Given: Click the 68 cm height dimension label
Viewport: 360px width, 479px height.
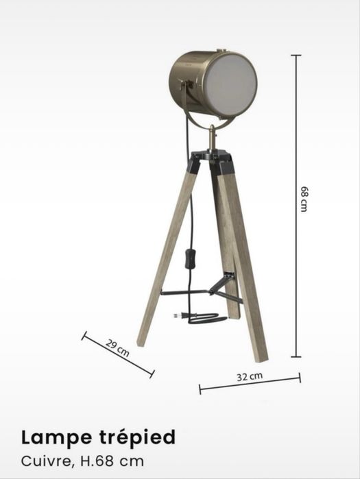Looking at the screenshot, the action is click(304, 199).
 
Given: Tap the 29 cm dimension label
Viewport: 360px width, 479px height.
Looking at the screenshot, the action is click(117, 348).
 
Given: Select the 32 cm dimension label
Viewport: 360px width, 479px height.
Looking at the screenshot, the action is click(250, 376).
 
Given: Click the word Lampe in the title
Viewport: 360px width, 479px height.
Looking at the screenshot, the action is click(56, 439).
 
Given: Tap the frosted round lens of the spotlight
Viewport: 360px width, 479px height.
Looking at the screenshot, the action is click(230, 85).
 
